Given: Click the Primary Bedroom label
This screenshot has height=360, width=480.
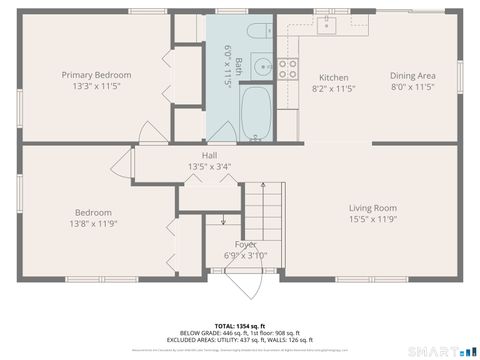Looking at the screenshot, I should tap(96, 75).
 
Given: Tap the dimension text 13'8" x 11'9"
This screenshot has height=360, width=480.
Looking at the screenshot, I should tap(96, 223).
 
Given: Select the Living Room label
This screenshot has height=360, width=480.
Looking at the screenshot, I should tap(372, 208).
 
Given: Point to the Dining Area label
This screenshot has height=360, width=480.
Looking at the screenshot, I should tap(412, 76).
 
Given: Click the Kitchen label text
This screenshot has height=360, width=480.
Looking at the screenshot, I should tap(333, 77).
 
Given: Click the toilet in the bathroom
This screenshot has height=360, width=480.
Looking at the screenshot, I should tap(258, 30).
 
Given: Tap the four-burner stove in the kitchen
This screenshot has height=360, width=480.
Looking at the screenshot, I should tap(288, 68).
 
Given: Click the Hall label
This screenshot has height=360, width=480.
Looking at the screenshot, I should tap(209, 155).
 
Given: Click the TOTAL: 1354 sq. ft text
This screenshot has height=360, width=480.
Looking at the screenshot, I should tap(239, 326).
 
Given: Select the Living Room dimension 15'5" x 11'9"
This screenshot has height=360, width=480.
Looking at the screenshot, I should tap(372, 219).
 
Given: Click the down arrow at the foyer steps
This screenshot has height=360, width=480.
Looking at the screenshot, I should tap(223, 222).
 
